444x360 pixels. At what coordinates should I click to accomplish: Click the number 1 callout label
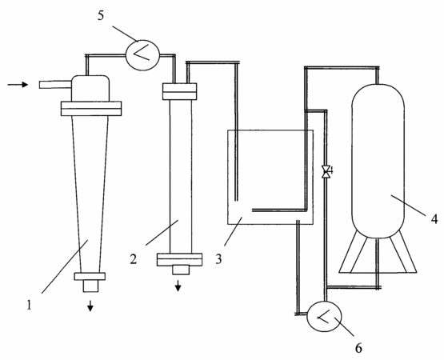(x=29, y=305)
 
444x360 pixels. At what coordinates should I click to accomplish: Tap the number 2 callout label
(x=134, y=259)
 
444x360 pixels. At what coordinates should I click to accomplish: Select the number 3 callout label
(x=218, y=259)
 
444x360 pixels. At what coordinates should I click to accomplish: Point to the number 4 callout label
(x=434, y=218)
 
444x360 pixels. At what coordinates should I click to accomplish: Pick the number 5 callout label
(x=101, y=15)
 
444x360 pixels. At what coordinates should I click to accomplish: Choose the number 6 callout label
(x=358, y=348)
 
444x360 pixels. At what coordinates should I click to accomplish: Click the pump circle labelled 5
(x=142, y=55)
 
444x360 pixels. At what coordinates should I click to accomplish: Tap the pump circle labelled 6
(x=324, y=316)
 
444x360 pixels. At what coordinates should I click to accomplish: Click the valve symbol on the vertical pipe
(x=326, y=172)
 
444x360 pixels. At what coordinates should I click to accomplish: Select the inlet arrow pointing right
(x=18, y=85)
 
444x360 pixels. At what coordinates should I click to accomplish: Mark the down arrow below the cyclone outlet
(x=90, y=306)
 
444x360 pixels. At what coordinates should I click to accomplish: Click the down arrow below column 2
(x=178, y=286)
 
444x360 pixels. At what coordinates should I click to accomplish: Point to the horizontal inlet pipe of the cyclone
(x=55, y=85)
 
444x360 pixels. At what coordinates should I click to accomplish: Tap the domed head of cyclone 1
(x=90, y=88)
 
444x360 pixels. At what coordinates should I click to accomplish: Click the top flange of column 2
(x=179, y=91)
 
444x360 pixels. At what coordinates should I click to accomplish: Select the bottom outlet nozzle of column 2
(x=181, y=270)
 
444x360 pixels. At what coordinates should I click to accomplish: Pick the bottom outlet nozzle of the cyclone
(x=90, y=286)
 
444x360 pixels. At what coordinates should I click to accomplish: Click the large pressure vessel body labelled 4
(x=378, y=161)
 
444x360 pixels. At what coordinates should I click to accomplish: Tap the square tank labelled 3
(x=270, y=177)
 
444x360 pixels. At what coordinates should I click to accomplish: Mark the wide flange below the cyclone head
(x=91, y=109)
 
